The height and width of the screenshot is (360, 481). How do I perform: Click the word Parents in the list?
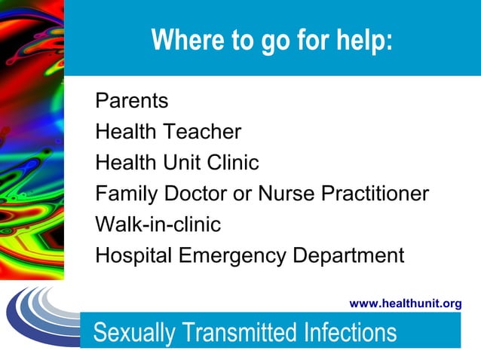tap(132, 101)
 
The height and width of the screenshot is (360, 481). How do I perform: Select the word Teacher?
tap(204, 132)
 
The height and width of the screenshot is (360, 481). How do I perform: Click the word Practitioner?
tap(375, 194)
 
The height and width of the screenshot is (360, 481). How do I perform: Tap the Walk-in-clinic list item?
tap(158, 224)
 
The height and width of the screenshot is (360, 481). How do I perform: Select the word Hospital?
tap(133, 256)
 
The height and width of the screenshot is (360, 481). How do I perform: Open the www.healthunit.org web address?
tap(406, 304)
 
